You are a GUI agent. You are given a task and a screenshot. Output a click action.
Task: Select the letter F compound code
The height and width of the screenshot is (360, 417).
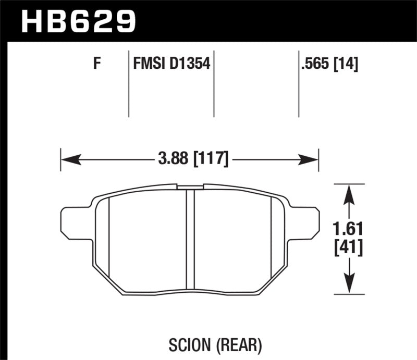coord(96,65)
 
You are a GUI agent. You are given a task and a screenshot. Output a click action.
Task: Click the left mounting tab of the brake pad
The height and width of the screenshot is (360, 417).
coord(73,221)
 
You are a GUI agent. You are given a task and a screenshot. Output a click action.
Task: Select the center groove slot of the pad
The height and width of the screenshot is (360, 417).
coord(190,240)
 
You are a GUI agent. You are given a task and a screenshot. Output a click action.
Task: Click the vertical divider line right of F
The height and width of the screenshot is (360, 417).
coord(128,83)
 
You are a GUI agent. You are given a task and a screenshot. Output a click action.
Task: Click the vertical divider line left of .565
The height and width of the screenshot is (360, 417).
coord(298,83)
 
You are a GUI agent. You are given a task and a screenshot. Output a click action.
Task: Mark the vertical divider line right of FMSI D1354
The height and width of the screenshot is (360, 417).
coord(214,83)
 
